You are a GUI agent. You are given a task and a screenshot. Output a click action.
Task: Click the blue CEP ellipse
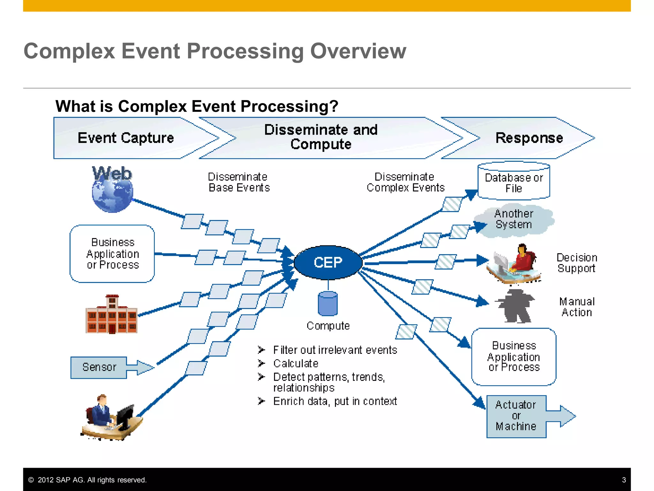[x=328, y=262]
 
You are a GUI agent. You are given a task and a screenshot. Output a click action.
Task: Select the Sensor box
[x=99, y=367]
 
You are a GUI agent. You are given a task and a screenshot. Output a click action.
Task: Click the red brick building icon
[x=111, y=315]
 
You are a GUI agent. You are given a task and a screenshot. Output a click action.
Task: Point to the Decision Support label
[x=576, y=263]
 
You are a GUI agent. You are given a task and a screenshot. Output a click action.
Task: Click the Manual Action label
[x=577, y=307]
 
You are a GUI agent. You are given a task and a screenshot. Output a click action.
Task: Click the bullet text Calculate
[x=296, y=363]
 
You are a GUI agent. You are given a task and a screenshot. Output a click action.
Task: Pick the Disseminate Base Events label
[x=239, y=182]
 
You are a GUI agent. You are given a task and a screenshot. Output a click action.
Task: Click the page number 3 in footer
[x=624, y=480]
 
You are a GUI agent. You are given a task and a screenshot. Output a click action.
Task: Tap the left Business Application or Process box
[x=112, y=253]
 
